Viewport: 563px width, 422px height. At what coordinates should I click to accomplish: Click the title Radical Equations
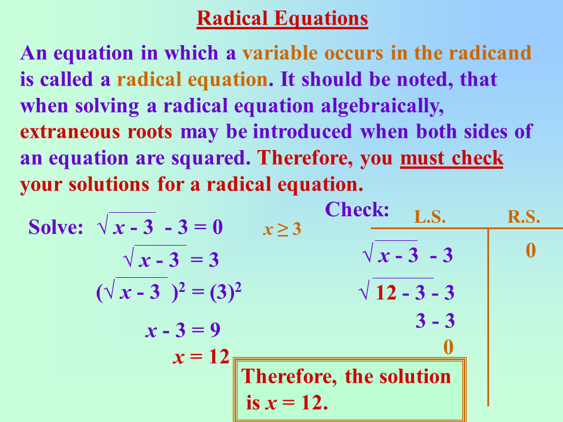point(282,19)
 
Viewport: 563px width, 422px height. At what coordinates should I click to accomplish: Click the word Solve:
point(56,227)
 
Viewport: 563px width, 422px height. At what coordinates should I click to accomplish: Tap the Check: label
point(357,209)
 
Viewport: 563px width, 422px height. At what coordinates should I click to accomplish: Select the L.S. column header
point(430,217)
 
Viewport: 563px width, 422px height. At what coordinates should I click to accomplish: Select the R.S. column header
point(523,217)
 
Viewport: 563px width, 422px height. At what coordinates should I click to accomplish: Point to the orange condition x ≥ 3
point(281,230)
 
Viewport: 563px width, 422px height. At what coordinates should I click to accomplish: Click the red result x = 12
point(201,356)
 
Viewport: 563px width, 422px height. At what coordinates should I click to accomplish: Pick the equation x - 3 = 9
point(183,331)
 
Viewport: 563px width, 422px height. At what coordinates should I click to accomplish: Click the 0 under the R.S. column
point(531,251)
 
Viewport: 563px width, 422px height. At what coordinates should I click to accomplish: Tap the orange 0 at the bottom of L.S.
point(448,347)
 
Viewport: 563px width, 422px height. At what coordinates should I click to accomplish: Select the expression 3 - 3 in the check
point(435,321)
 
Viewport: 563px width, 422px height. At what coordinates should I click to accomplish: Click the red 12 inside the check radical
point(386,292)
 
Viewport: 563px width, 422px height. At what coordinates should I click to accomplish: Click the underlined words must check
point(452,158)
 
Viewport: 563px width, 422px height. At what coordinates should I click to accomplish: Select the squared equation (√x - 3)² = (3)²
point(169,292)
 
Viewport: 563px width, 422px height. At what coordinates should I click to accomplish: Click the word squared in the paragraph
point(210,158)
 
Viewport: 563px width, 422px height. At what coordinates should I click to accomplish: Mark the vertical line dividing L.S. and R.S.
point(488,316)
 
